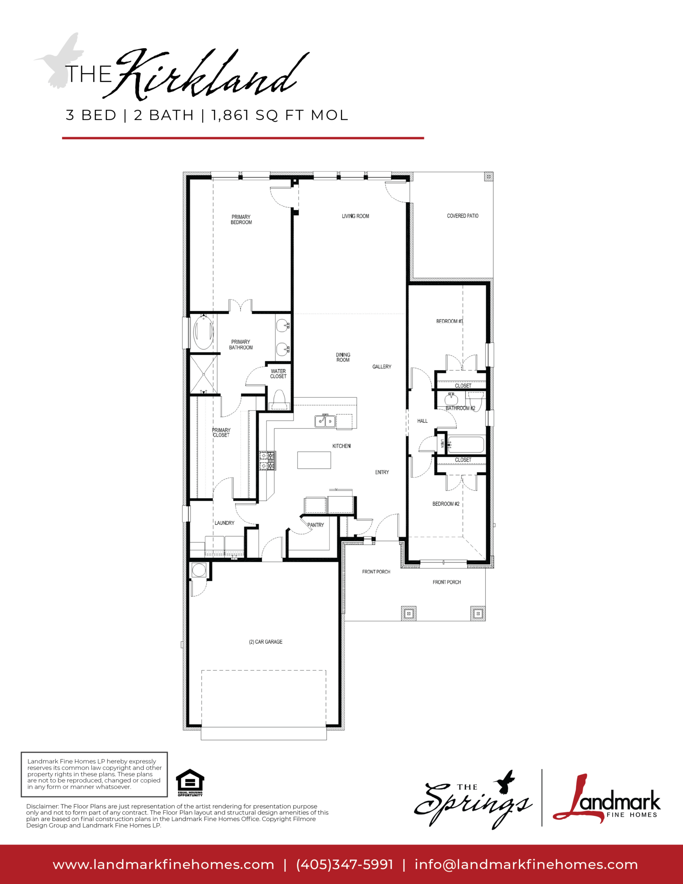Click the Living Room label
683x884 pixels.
click(355, 216)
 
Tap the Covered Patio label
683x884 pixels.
click(462, 216)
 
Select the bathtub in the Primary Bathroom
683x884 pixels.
click(203, 331)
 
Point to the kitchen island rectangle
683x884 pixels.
click(314, 460)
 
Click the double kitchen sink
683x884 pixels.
click(325, 421)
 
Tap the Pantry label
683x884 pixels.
click(316, 525)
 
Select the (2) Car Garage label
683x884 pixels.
click(266, 642)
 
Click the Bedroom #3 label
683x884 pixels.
click(449, 321)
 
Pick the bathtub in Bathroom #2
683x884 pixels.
click(466, 444)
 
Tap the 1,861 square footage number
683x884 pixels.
click(230, 115)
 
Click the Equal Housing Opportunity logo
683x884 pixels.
click(190, 783)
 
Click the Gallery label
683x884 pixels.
click(382, 367)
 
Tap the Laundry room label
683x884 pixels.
click(224, 523)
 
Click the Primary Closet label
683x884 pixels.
click(221, 433)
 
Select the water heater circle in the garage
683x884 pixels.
click(199, 570)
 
